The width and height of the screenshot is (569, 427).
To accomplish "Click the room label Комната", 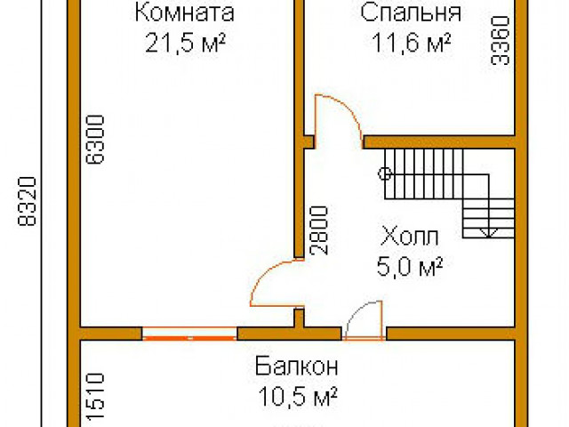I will click(x=185, y=13).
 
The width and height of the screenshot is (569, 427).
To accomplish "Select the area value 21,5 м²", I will click(x=185, y=44).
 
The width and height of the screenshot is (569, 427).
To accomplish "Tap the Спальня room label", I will click(x=411, y=13).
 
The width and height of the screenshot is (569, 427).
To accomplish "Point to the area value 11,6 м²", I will click(x=411, y=44).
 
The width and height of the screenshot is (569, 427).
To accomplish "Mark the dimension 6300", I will click(x=95, y=139).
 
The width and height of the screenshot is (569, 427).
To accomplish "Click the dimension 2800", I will click(x=320, y=230).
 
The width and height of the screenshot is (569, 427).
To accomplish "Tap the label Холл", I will click(x=410, y=237).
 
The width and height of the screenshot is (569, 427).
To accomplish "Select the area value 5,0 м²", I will click(x=411, y=265).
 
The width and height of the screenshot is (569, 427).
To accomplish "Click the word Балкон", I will click(x=296, y=366).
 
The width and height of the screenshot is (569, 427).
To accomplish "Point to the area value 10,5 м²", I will click(x=296, y=395).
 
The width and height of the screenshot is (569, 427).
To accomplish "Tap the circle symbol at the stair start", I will click(x=386, y=173).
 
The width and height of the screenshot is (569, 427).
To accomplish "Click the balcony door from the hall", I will click(x=364, y=321).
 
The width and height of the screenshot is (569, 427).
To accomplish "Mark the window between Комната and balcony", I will click(x=188, y=334).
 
